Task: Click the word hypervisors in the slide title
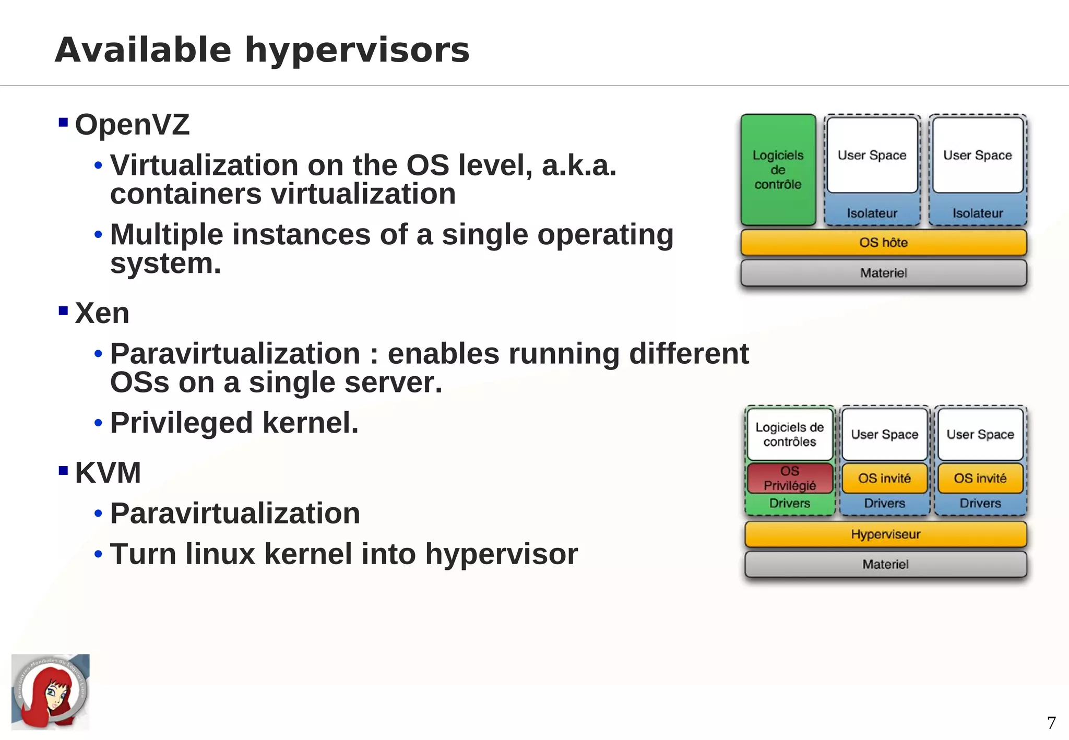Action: click(x=357, y=51)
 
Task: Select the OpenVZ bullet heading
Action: click(x=132, y=125)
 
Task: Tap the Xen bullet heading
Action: click(x=102, y=313)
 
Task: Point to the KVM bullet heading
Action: click(x=108, y=473)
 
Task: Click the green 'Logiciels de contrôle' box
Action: click(x=778, y=170)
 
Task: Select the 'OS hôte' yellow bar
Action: click(x=883, y=243)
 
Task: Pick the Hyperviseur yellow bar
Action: click(x=885, y=534)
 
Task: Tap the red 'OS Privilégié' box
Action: click(x=790, y=478)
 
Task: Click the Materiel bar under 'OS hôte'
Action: click(x=883, y=273)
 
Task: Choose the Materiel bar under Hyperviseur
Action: click(x=885, y=564)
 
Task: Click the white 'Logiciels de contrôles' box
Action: click(x=790, y=434)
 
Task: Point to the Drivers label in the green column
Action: click(x=790, y=504)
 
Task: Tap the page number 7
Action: click(x=1051, y=723)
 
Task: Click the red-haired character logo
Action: click(x=50, y=692)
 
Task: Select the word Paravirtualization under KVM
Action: click(x=235, y=514)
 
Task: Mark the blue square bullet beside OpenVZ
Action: click(x=63, y=123)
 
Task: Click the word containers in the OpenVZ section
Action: click(x=186, y=194)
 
